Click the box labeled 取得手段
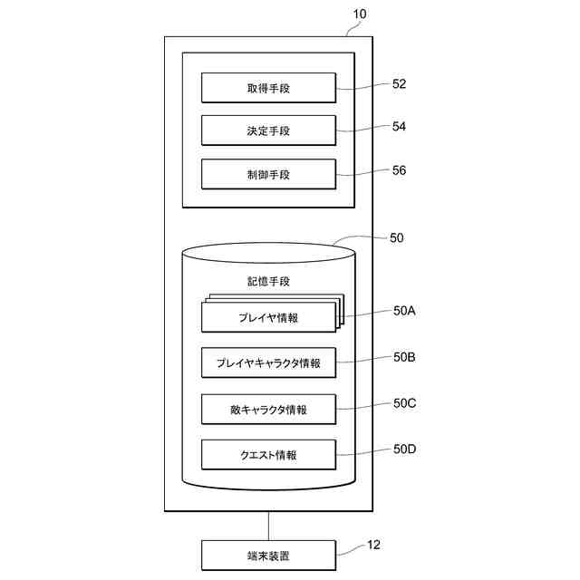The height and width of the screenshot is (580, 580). click(x=268, y=88)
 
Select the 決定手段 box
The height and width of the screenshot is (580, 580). click(x=268, y=130)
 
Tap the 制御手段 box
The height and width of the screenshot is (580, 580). click(x=268, y=174)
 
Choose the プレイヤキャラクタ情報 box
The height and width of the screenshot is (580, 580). click(x=268, y=362)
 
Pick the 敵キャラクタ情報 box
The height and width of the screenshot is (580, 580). click(x=268, y=409)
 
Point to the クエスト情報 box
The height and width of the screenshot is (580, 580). click(x=268, y=454)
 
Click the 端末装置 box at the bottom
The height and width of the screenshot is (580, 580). click(x=268, y=555)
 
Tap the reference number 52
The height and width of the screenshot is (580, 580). click(x=399, y=83)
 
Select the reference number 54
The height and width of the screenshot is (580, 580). click(x=399, y=127)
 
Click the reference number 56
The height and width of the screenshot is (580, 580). click(x=399, y=170)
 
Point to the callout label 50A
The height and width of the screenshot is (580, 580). click(x=404, y=311)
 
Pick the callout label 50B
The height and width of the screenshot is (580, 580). click(x=404, y=357)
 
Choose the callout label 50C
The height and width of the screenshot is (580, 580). click(x=404, y=403)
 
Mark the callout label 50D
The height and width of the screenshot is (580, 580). click(x=404, y=449)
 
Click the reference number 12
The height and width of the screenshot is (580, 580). click(x=373, y=545)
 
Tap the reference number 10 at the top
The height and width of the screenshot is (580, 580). click(x=360, y=15)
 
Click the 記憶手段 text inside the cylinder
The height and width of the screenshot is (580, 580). click(x=268, y=282)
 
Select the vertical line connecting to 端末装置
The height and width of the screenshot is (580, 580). click(x=268, y=525)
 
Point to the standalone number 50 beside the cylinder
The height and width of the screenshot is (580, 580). click(x=396, y=238)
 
